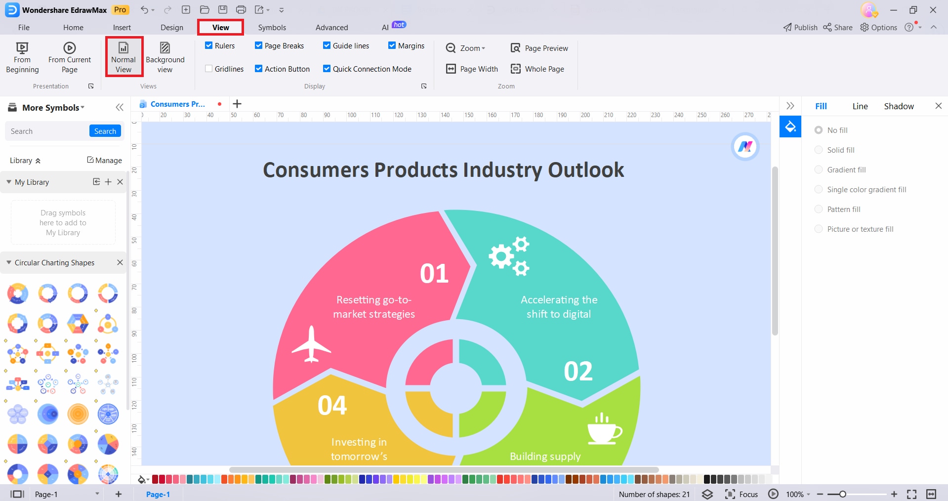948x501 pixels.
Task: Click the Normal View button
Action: [x=124, y=57]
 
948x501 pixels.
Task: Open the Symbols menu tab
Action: [x=272, y=28]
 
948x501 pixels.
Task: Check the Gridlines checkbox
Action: [x=209, y=69]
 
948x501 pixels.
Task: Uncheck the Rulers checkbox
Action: [x=209, y=45]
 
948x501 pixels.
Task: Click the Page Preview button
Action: [x=539, y=48]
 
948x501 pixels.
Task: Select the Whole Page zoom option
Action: [x=537, y=69]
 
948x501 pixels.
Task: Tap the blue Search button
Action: [x=105, y=131]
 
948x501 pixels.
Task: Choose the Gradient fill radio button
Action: [x=819, y=169]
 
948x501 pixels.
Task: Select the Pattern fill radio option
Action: [x=819, y=209]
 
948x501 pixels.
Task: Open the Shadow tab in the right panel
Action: [x=899, y=106]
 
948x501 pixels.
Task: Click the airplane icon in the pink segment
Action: [x=311, y=344]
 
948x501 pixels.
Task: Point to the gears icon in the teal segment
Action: [x=509, y=256]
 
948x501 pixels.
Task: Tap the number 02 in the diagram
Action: [x=578, y=371]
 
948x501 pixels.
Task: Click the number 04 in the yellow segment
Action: [x=332, y=405]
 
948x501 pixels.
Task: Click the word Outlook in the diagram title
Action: [x=586, y=170]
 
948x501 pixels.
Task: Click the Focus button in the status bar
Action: [x=741, y=494]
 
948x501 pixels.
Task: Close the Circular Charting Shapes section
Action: [x=120, y=262]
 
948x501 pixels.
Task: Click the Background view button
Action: [x=165, y=57]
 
